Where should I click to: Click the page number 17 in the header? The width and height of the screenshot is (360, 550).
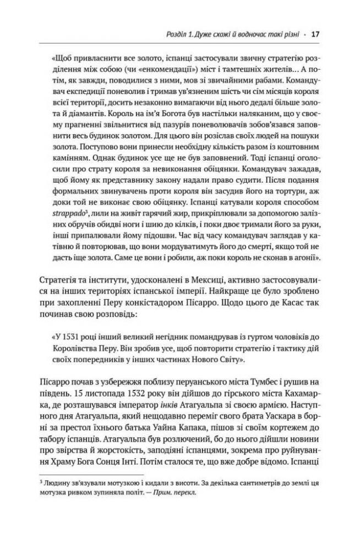click(x=315, y=34)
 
